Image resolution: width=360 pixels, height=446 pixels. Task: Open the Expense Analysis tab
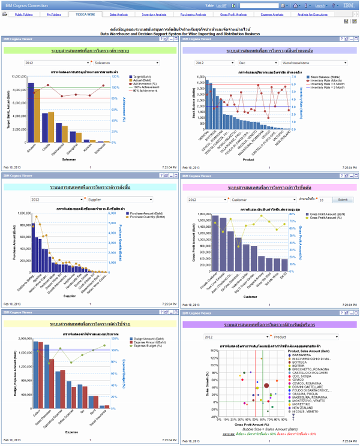point(273,13)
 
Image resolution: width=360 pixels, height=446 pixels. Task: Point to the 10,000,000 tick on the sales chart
point(21,77)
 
